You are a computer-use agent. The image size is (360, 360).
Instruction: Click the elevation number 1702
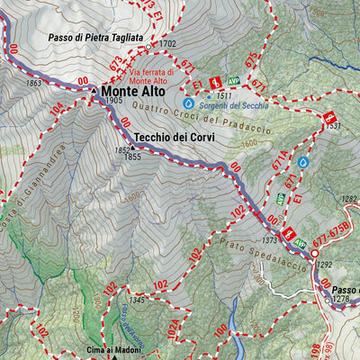[167, 43]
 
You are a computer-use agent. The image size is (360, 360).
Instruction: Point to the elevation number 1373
[269, 240]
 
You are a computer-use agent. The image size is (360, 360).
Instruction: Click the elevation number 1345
[137, 300]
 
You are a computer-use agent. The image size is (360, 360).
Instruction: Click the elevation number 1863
[34, 84]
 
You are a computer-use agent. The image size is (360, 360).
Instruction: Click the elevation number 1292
[325, 265]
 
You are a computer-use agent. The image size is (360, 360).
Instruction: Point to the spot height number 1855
[133, 157]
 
